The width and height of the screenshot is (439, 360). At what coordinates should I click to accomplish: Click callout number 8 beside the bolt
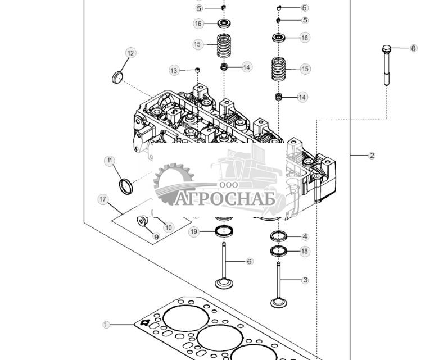[x=413, y=48]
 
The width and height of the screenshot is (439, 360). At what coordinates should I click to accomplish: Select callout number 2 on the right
[x=372, y=156]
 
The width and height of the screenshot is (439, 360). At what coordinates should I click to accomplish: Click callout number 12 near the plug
[x=130, y=53]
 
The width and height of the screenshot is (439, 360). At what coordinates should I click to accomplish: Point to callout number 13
[x=174, y=70]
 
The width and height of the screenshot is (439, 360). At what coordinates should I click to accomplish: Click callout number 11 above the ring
[x=110, y=161]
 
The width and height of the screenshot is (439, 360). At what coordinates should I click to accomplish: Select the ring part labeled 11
[x=126, y=186]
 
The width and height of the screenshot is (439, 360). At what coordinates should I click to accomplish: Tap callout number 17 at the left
[x=102, y=199]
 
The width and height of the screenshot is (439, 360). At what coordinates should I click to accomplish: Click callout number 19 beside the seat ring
[x=194, y=231]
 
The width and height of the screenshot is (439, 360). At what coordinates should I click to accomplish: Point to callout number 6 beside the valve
[x=250, y=261]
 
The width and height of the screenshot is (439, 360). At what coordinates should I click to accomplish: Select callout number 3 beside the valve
[x=305, y=279]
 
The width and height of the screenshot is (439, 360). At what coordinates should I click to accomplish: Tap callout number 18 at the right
[x=304, y=251]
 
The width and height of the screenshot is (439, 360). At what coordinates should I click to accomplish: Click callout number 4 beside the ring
[x=305, y=236]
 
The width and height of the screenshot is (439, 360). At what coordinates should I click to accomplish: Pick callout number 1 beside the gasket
[x=106, y=325]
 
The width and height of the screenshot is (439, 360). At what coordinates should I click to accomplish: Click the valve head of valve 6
[x=223, y=283]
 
